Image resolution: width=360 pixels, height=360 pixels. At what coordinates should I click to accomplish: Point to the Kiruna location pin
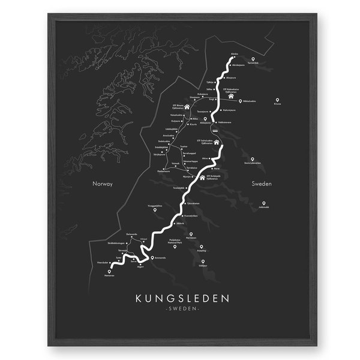(277, 100)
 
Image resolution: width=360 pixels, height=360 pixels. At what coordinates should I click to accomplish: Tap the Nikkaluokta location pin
(241, 101)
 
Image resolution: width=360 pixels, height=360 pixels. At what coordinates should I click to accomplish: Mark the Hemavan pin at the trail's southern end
(110, 272)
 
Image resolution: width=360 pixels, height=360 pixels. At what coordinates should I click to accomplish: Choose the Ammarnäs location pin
(152, 259)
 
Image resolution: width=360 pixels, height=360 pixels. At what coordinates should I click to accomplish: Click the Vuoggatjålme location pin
(154, 209)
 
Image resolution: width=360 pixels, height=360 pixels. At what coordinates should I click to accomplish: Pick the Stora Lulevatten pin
(253, 159)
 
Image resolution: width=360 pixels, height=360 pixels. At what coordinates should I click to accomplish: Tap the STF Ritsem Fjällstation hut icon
(187, 107)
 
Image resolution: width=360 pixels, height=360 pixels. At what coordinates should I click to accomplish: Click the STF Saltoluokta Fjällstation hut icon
(217, 142)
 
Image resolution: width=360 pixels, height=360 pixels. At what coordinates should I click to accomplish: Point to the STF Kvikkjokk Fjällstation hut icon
(202, 177)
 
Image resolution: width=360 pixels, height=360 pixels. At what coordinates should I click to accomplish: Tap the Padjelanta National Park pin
(191, 235)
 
